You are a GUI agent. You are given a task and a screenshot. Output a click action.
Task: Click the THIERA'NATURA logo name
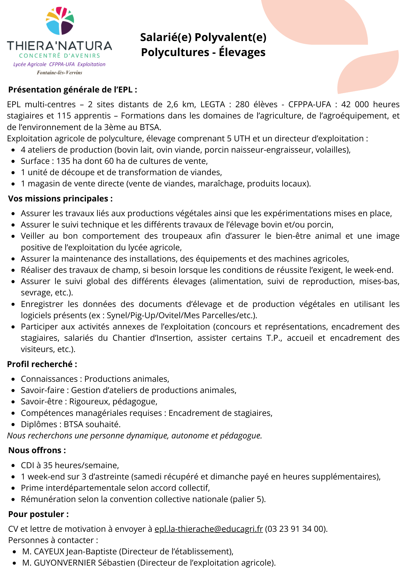[x=59, y=46]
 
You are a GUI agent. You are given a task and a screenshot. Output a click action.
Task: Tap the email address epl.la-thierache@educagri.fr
[x=209, y=529]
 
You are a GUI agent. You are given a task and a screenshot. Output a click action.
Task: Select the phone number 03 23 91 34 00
[x=296, y=529]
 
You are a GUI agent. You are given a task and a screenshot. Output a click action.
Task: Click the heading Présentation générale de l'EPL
[x=72, y=90]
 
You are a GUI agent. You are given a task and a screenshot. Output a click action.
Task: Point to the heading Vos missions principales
[x=60, y=199]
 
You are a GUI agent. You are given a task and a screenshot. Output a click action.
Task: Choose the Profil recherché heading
[x=42, y=364]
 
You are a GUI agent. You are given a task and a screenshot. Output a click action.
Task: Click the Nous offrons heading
[x=37, y=450]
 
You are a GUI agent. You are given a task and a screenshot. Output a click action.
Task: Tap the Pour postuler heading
[x=38, y=514]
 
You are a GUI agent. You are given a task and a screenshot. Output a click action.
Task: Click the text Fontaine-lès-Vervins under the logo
[x=59, y=73]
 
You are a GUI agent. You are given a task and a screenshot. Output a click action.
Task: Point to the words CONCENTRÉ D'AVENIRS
[x=59, y=55]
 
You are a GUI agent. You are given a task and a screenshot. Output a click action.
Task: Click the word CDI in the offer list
[x=27, y=465]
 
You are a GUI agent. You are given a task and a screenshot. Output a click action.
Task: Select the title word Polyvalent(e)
[x=230, y=37]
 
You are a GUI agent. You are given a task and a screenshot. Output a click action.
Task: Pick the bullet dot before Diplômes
[x=13, y=425]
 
